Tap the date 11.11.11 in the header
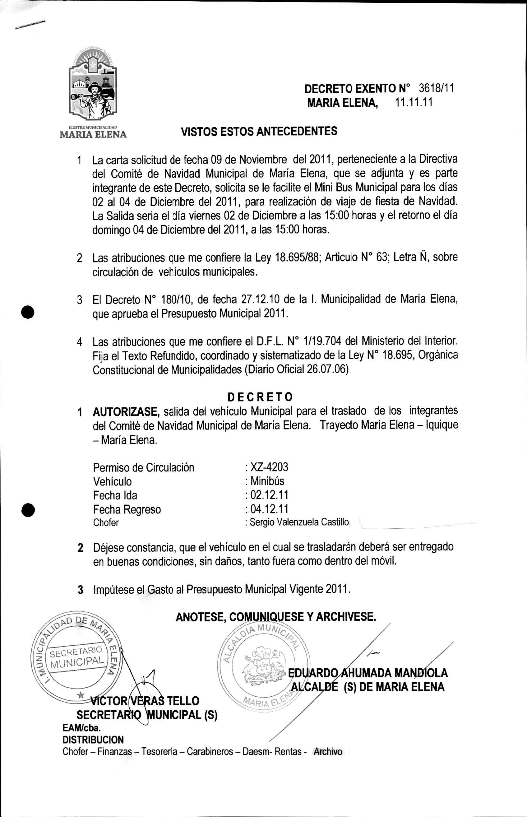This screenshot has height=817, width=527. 414,102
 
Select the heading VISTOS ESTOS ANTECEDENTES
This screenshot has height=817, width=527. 259,131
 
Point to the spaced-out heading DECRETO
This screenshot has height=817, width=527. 260,397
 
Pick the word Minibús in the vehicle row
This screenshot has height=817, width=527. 267,481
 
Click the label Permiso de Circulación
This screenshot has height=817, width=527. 143,467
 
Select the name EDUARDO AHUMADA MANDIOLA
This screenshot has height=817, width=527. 368,673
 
